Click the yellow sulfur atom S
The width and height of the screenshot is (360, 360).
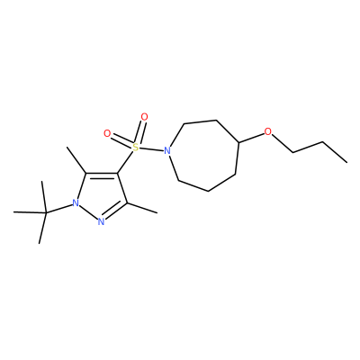point(136,147)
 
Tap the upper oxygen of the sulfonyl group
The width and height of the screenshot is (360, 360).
point(144,117)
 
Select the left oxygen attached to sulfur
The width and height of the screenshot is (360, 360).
point(107,133)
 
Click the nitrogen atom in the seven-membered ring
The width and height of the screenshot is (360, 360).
point(167,150)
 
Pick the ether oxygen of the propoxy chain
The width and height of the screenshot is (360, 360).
point(267,131)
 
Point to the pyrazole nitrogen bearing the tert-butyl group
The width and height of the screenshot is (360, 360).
point(76,203)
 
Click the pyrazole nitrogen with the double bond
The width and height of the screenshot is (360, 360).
point(101,222)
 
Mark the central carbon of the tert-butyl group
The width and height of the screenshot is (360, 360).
point(46,213)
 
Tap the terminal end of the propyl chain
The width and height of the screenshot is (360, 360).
point(346,163)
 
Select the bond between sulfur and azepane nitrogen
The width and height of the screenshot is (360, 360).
point(151,148)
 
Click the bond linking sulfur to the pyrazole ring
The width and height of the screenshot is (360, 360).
point(125,162)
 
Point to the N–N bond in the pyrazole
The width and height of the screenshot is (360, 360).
point(88,212)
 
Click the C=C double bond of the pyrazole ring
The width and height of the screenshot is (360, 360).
point(102,175)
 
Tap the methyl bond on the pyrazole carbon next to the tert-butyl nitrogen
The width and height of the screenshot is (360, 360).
point(76,160)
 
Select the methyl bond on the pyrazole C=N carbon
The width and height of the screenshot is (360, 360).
point(142,208)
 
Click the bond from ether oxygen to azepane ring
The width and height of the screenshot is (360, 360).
point(251,137)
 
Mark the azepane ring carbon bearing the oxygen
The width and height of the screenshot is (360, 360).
point(238,142)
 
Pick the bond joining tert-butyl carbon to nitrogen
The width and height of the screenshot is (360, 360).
point(59,209)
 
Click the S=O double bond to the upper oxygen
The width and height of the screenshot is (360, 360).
point(140,132)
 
